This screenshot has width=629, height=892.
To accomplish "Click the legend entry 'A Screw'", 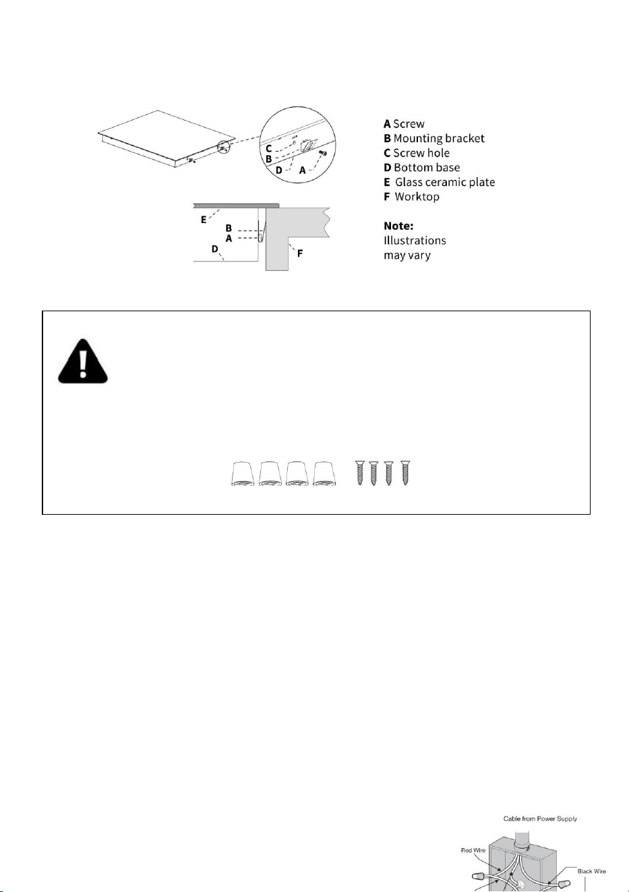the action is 404,124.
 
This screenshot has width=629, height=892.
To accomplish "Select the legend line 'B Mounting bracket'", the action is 434,139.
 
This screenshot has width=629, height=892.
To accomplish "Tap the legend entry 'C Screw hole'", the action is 417,153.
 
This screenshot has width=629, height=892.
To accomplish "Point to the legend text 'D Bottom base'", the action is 422,168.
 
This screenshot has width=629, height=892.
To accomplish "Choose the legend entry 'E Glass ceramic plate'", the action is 440,183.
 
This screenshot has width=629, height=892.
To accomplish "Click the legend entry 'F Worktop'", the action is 411,197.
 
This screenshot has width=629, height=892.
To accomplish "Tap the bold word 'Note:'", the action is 398,226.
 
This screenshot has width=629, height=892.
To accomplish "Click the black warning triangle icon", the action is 83,361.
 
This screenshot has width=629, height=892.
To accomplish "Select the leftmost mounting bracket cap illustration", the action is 243,474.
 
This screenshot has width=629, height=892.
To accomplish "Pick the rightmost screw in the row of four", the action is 405,473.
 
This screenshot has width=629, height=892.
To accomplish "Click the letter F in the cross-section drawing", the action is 300,253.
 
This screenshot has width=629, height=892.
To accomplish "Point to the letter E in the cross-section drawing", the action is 204,220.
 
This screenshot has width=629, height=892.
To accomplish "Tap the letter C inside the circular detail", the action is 269,149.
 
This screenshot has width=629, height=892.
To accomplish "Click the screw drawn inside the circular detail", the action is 322,153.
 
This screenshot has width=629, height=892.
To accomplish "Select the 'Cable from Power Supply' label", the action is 540,819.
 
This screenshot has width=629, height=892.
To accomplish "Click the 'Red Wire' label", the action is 473,850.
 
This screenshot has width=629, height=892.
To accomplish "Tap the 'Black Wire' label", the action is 591,871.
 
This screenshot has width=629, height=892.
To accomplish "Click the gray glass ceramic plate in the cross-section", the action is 237,205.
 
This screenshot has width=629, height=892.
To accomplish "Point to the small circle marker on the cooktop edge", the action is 224,148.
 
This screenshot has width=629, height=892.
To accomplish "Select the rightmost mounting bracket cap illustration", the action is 324,474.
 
